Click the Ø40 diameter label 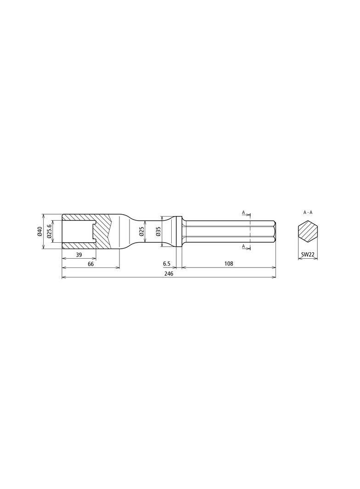pyautogui.click(x=39, y=232)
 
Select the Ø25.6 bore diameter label pyautogui.click(x=49, y=232)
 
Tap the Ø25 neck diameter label pyautogui.click(x=142, y=232)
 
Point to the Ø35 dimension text pyautogui.click(x=158, y=232)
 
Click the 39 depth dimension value pyautogui.click(x=79, y=255)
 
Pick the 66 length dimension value pyautogui.click(x=90, y=264)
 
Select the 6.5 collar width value pyautogui.click(x=167, y=264)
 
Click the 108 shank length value pyautogui.click(x=229, y=264)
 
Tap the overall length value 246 pyautogui.click(x=169, y=273)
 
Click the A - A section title pyautogui.click(x=308, y=212)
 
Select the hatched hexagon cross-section pyautogui.click(x=308, y=232)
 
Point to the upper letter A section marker pyautogui.click(x=244, y=212)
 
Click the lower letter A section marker pyautogui.click(x=244, y=246)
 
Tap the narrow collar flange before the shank pyautogui.click(x=180, y=232)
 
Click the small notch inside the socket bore pyautogui.click(x=94, y=232)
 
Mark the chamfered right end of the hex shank pyautogui.click(x=274, y=232)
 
